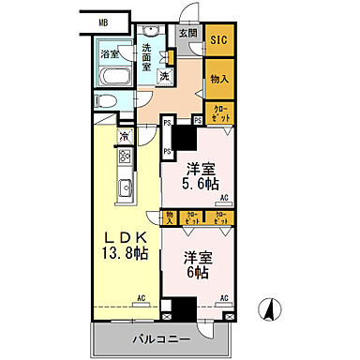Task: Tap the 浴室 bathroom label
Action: pyautogui.click(x=111, y=54)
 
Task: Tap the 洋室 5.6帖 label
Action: pyautogui.click(x=197, y=176)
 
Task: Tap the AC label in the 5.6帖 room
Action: pyautogui.click(x=225, y=200)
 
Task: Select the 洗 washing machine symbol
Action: pyautogui.click(x=163, y=74)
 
